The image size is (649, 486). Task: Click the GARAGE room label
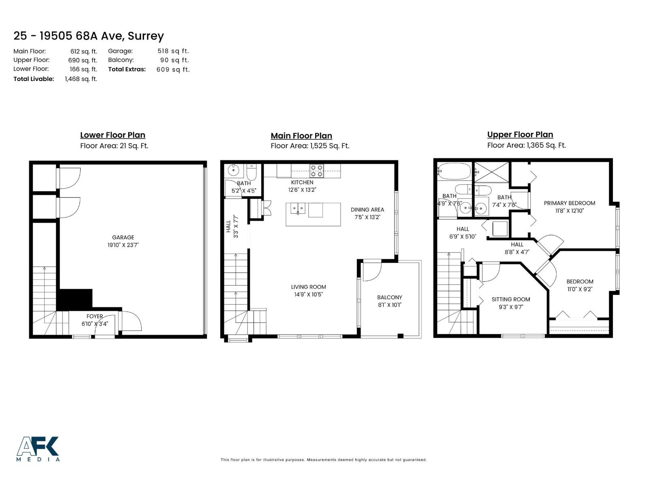[x=123, y=237]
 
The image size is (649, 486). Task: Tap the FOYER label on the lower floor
[x=95, y=316]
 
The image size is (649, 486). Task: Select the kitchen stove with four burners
[x=316, y=171]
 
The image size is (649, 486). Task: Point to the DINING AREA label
[x=367, y=209]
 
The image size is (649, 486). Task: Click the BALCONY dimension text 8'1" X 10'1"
[x=389, y=305]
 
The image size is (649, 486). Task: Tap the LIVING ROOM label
[x=308, y=287]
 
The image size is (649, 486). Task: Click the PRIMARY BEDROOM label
[x=569, y=203]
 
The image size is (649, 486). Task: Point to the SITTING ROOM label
[x=511, y=299]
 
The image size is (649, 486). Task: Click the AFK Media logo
[x=38, y=449]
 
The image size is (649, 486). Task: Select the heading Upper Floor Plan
[x=520, y=134]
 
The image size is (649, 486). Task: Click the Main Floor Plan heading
[x=301, y=136]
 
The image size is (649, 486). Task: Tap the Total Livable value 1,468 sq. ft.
[x=81, y=79]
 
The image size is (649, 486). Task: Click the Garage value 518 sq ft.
[x=173, y=51]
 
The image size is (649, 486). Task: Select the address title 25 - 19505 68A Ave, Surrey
[x=88, y=36]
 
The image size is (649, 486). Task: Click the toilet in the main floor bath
[x=251, y=173]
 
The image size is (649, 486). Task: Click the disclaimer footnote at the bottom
[x=323, y=460]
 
